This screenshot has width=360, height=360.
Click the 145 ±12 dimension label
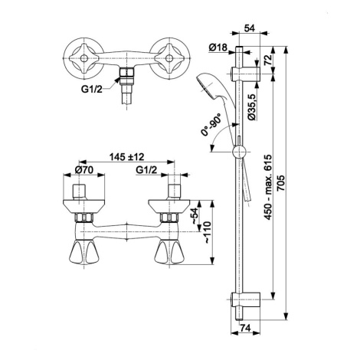[x=127, y=157]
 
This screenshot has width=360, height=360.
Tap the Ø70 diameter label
[x=84, y=170]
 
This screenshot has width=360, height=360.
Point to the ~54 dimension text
[x=195, y=216]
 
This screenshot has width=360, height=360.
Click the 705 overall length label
[x=280, y=183]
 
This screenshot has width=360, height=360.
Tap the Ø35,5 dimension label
[x=252, y=107]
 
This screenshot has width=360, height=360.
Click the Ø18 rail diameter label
[x=218, y=47]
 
